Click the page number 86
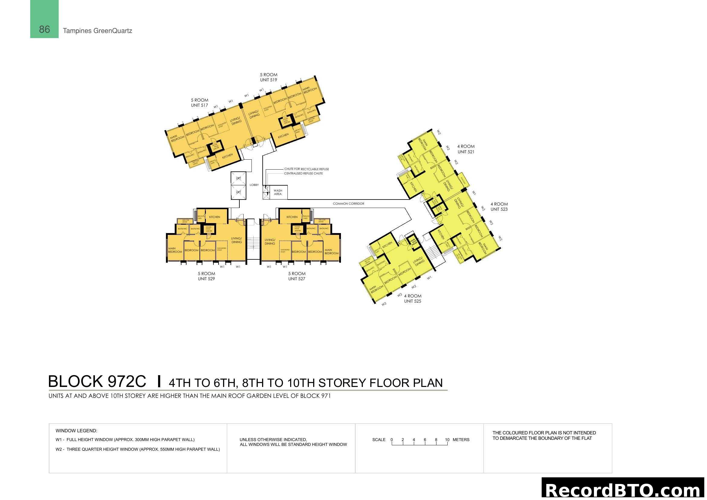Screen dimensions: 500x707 (44, 30)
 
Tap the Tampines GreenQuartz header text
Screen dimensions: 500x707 (97, 31)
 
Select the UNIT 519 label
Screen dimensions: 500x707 (268, 80)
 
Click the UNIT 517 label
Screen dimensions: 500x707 (199, 105)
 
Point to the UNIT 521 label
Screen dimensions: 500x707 (465, 152)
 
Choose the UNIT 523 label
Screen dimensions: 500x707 (499, 209)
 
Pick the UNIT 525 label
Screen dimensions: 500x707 (412, 301)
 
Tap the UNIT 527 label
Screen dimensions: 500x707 (297, 279)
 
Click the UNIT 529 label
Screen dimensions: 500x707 (206, 279)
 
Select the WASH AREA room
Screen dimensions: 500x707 (278, 193)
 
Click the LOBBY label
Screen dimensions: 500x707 (254, 185)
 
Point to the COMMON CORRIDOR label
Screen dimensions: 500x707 (348, 203)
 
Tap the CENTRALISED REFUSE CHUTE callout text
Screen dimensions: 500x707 (303, 174)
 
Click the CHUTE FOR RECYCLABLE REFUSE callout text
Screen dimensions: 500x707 (306, 169)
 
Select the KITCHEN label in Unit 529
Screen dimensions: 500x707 (215, 217)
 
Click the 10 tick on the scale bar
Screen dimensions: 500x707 (447, 440)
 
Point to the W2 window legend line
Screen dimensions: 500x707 (138, 449)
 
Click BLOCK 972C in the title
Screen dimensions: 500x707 (97, 381)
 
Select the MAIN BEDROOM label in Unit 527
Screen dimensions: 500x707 (331, 252)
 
